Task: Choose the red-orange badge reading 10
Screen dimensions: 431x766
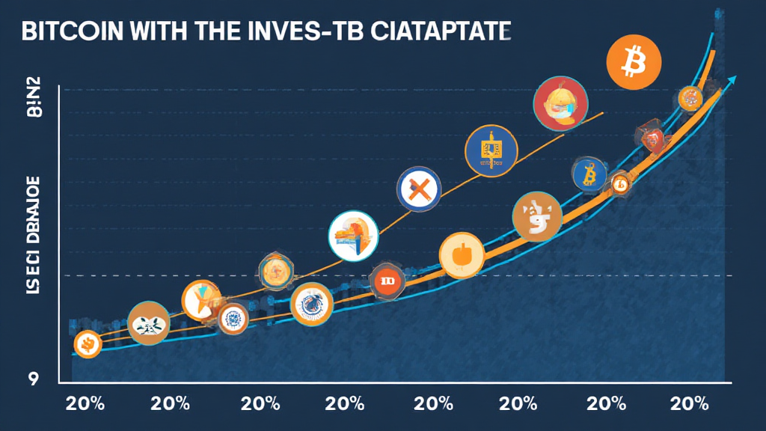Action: (x=387, y=281)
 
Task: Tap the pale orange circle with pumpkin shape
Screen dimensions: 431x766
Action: (x=462, y=256)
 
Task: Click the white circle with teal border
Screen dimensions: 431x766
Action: (x=353, y=237)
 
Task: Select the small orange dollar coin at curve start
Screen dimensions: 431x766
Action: (x=88, y=344)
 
